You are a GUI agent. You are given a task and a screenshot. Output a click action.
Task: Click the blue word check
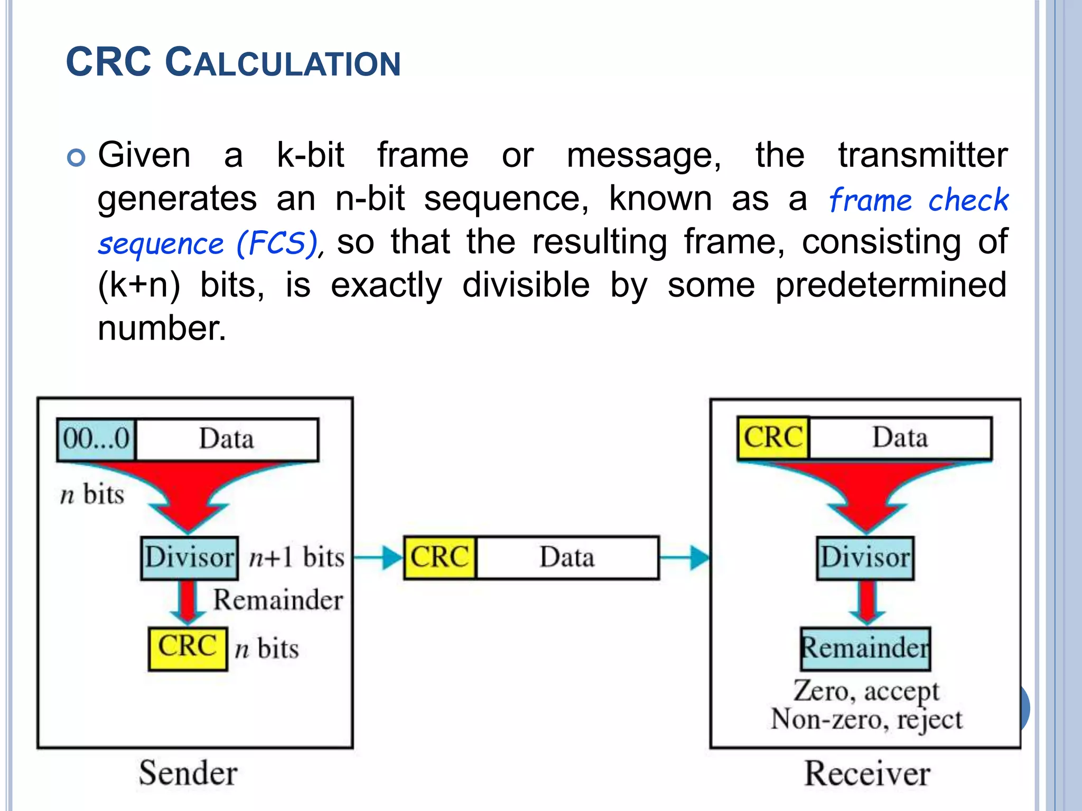(x=968, y=200)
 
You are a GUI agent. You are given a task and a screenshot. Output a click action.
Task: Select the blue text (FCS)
(x=277, y=243)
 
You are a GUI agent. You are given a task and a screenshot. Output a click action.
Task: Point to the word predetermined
(x=891, y=285)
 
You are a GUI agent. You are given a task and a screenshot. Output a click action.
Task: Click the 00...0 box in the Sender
(x=96, y=439)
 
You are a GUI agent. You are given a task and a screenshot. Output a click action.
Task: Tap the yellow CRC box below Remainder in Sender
(x=188, y=648)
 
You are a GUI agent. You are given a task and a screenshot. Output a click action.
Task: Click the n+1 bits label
(x=296, y=558)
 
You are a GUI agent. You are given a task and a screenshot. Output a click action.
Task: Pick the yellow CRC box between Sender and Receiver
(x=440, y=558)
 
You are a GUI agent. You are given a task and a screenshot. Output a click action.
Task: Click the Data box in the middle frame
(x=567, y=558)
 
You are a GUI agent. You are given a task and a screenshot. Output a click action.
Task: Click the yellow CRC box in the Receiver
(x=773, y=438)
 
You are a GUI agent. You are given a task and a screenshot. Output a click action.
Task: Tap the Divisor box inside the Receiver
(x=865, y=558)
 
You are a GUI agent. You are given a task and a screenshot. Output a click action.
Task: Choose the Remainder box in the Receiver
(x=865, y=648)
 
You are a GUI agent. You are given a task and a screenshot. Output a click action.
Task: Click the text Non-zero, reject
(x=866, y=720)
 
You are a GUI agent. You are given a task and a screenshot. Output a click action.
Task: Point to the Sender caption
(x=188, y=774)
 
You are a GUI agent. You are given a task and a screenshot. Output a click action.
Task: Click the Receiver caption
(x=867, y=774)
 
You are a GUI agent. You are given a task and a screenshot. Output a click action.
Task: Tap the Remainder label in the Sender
(x=278, y=600)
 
